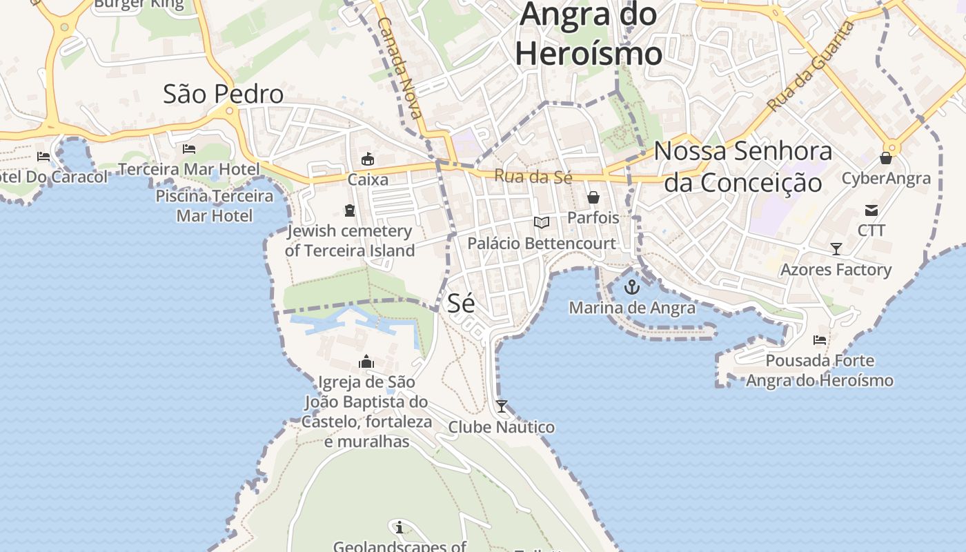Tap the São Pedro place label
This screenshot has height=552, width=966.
click(x=223, y=94)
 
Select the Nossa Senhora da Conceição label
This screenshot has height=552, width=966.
click(x=743, y=166)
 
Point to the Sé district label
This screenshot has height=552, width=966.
click(x=461, y=303)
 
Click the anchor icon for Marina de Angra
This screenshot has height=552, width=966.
click(x=632, y=287)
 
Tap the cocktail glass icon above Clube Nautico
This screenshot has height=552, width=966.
click(x=502, y=406)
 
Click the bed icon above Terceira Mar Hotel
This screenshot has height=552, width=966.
click(x=189, y=149)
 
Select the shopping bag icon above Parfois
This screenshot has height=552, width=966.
click(x=593, y=197)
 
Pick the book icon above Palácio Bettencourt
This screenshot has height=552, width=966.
click(x=542, y=222)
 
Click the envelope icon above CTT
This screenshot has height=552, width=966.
click(x=871, y=210)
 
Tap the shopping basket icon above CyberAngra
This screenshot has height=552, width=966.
click(x=886, y=159)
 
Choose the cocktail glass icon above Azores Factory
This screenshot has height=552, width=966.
click(x=836, y=249)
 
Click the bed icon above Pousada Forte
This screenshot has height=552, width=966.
click(x=820, y=340)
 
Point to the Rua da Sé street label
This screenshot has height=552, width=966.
click(x=533, y=177)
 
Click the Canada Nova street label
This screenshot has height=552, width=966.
click(x=400, y=68)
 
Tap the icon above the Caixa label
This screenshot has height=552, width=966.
click(x=368, y=159)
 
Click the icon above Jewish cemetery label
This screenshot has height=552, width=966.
click(x=349, y=210)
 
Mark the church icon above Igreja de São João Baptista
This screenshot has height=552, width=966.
click(x=366, y=362)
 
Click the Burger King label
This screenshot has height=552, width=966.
click(x=139, y=4)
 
